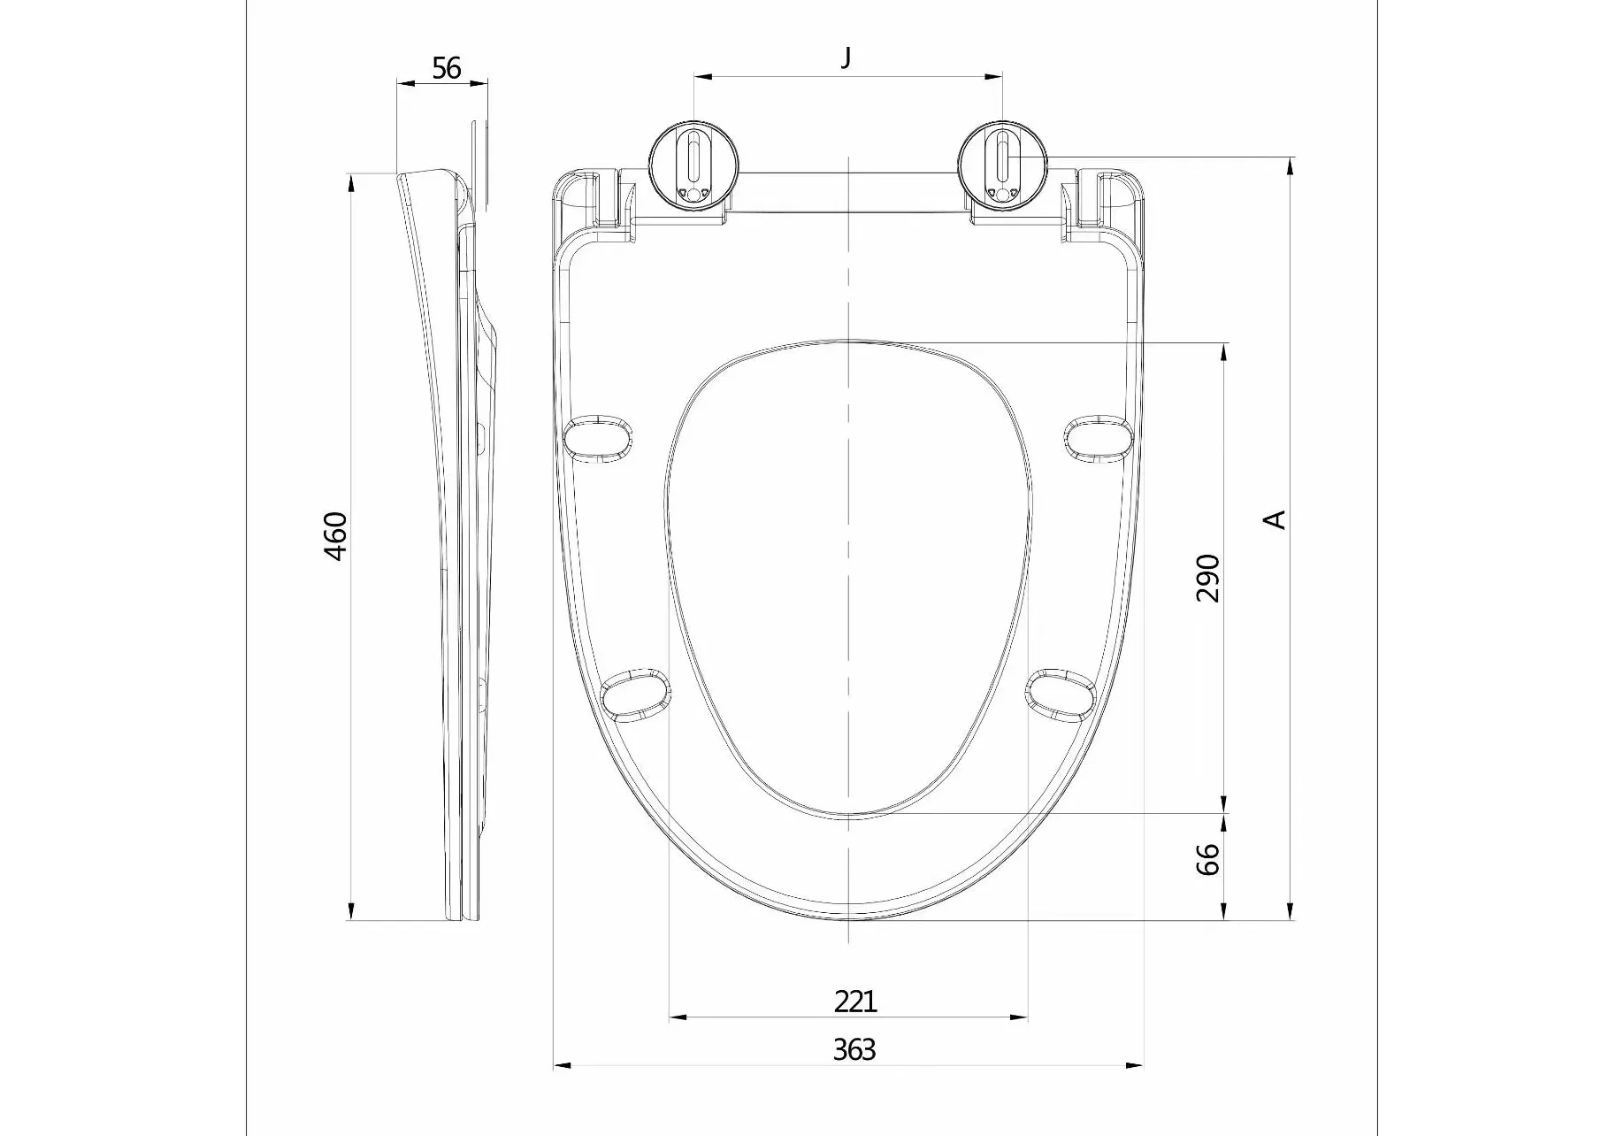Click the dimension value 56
tap(447, 67)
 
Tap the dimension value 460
tap(336, 536)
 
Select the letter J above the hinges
tap(846, 58)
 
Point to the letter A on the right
tap(1275, 519)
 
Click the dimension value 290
tap(1207, 578)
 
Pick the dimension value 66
tap(1207, 859)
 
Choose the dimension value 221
tap(855, 1002)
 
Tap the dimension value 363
tap(854, 1050)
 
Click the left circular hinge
tap(694, 165)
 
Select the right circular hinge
tap(1003, 165)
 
